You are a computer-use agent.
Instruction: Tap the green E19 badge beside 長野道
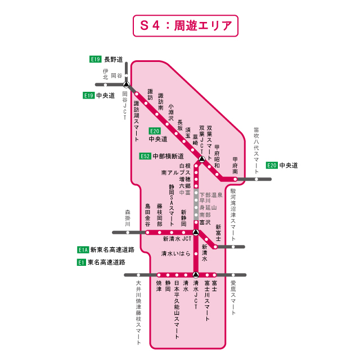click(x=96, y=59)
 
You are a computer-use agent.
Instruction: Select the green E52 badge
click(x=145, y=156)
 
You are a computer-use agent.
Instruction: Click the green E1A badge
click(x=83, y=249)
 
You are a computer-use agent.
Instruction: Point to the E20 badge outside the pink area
click(x=272, y=165)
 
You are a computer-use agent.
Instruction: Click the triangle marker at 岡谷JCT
click(x=127, y=85)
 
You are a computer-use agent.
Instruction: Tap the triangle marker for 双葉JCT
click(x=201, y=159)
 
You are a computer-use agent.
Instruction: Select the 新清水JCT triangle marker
click(x=196, y=232)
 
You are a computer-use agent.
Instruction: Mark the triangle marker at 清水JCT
click(x=196, y=275)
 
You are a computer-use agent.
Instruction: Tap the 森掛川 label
click(x=127, y=218)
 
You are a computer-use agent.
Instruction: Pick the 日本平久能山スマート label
click(x=177, y=309)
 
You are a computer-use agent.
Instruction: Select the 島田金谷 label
click(x=148, y=215)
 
